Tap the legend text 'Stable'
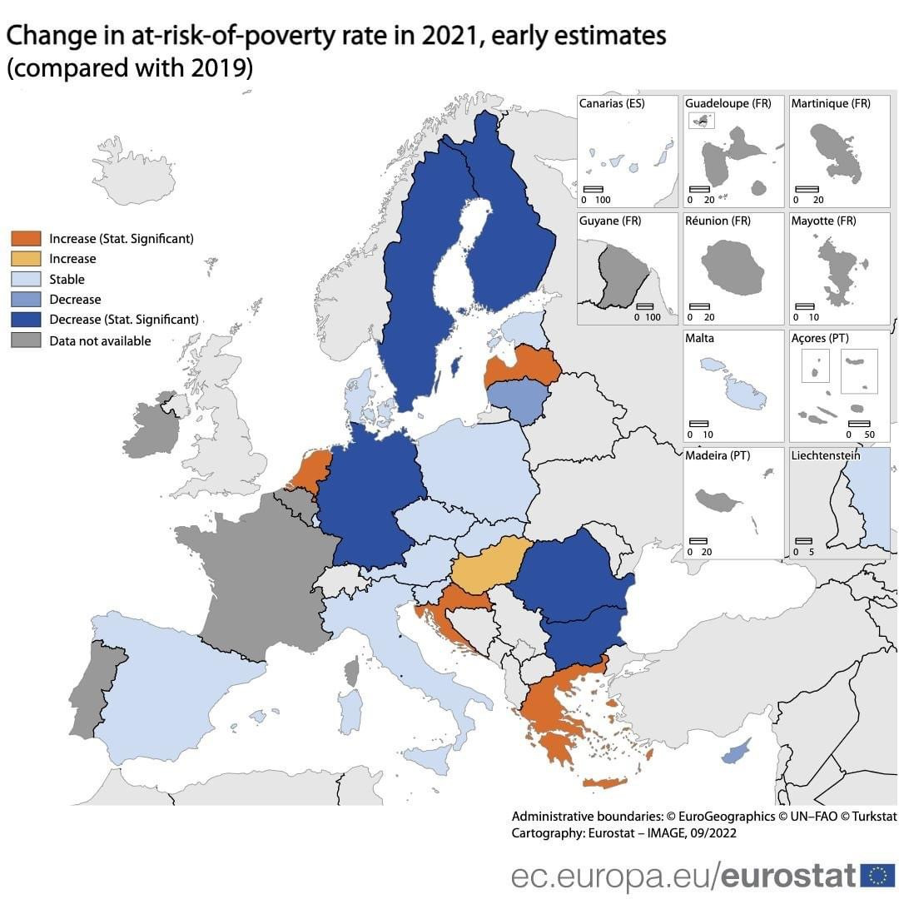67,280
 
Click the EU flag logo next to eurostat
877,875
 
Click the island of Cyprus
734,752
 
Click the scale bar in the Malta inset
698,424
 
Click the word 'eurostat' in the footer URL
787,875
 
